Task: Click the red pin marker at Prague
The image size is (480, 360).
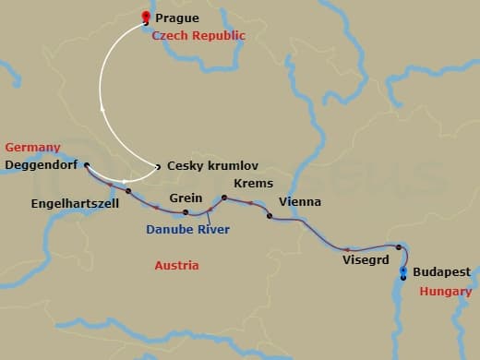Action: [145, 18]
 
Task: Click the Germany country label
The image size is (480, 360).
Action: [32, 148]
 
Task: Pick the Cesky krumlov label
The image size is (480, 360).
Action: [209, 166]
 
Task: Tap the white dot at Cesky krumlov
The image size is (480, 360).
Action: [158, 166]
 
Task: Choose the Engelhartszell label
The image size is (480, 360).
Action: [75, 203]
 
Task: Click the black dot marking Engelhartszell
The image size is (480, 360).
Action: [128, 191]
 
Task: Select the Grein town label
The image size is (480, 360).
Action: [186, 198]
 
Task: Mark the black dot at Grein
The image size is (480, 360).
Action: [186, 212]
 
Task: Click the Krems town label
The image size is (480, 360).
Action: [254, 184]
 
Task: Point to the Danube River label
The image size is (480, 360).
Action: [188, 229]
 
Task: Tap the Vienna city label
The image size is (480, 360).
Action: [299, 201]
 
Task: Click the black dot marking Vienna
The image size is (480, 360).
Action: [270, 216]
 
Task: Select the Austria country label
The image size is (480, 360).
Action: [177, 266]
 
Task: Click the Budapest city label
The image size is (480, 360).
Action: [441, 273]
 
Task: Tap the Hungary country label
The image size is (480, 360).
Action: [445, 292]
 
